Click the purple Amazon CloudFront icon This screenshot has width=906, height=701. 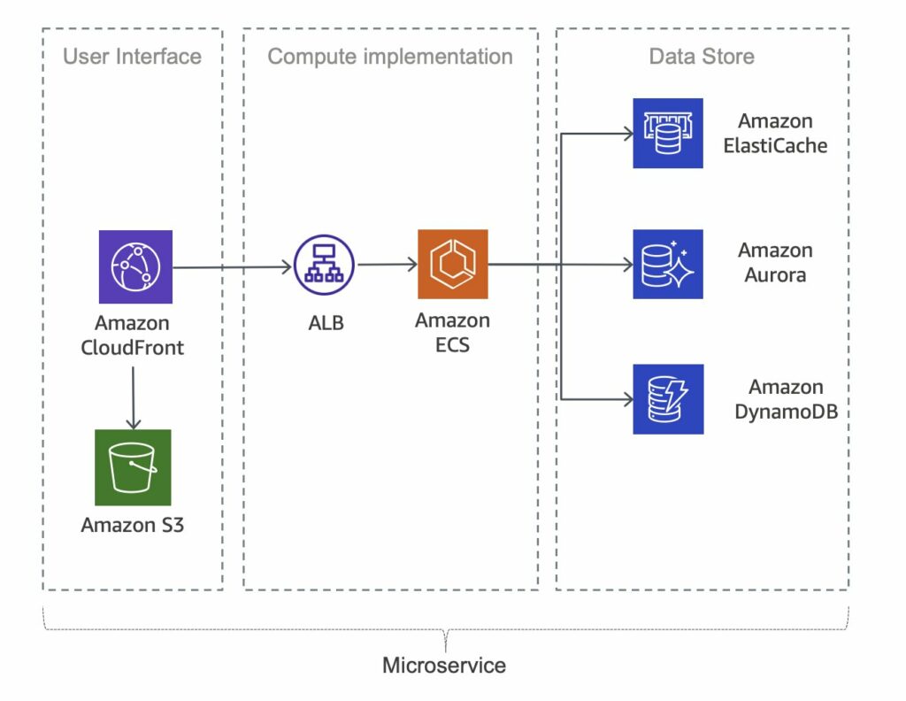(x=135, y=266)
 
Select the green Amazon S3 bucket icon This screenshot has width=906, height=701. (x=133, y=467)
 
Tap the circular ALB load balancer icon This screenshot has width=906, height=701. (x=324, y=265)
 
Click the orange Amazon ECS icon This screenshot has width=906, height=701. (x=453, y=265)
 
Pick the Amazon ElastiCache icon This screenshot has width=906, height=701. (x=668, y=134)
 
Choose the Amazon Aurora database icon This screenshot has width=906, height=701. (x=668, y=264)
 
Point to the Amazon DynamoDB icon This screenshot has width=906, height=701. (x=668, y=399)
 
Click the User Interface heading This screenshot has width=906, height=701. (x=132, y=57)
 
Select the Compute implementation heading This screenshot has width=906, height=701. (x=390, y=57)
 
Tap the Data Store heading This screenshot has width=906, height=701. (x=702, y=57)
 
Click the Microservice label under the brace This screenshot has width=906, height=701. (x=444, y=665)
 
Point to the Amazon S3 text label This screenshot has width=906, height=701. (x=133, y=525)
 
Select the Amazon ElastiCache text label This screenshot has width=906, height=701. (x=775, y=134)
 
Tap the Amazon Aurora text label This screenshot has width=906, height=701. (x=775, y=263)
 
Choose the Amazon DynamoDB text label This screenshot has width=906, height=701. (x=786, y=399)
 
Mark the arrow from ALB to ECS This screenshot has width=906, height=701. (x=387, y=264)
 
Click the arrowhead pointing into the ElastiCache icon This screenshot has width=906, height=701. (x=628, y=135)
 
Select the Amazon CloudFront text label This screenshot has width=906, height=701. (x=133, y=335)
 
